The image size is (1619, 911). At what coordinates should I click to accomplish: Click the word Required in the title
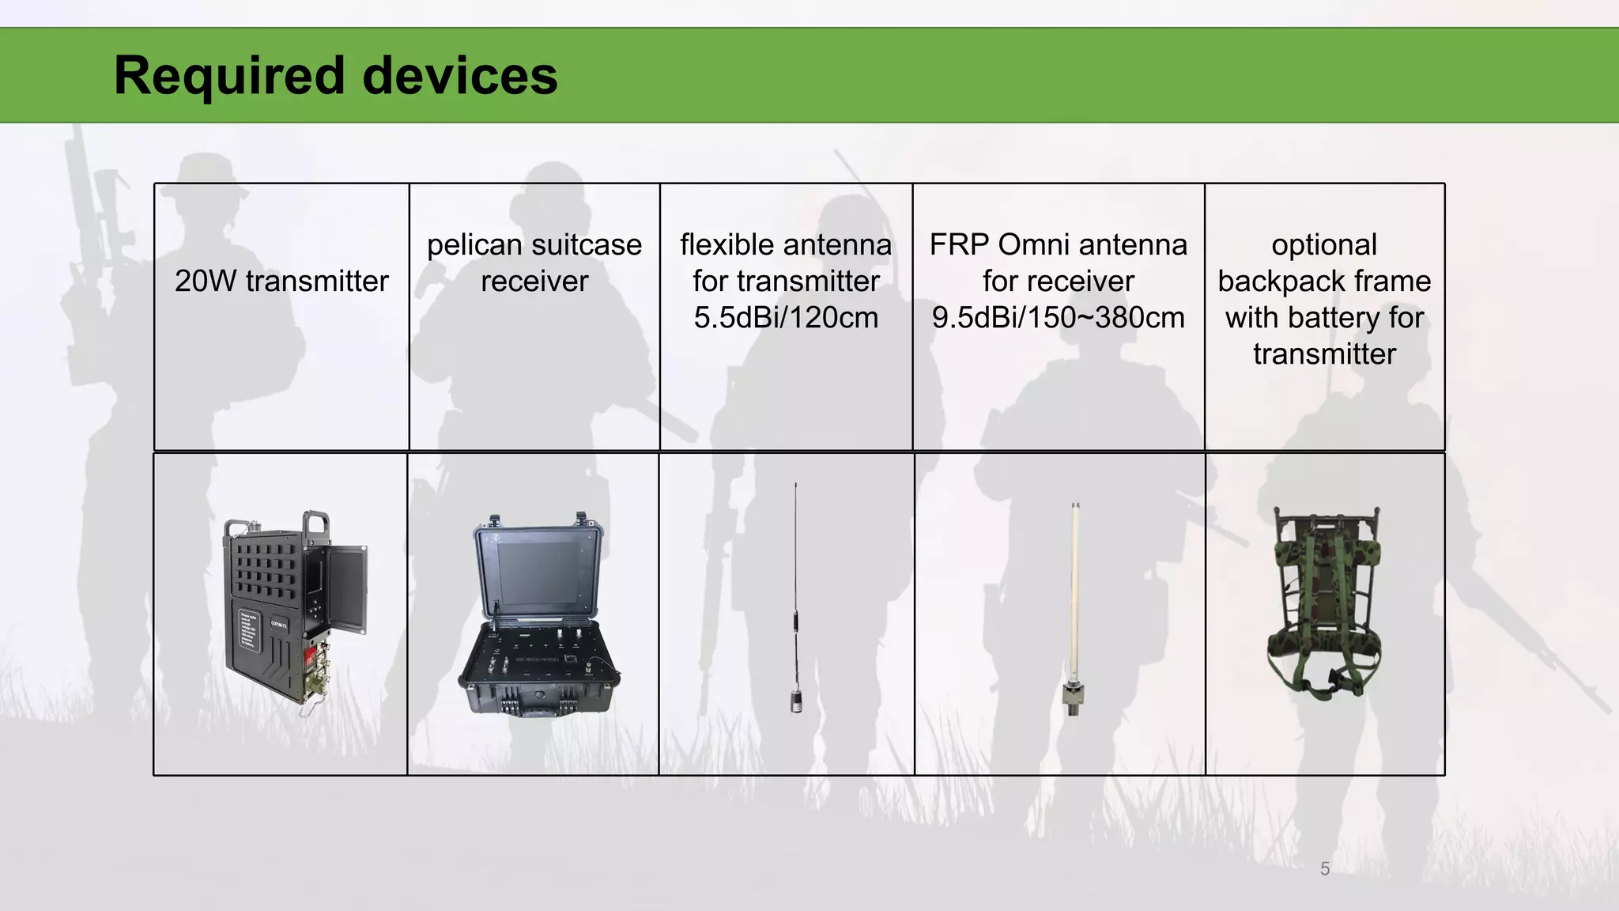228,76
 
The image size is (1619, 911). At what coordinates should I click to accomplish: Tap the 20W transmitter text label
281,282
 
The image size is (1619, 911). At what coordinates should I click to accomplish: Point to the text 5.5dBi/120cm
786,318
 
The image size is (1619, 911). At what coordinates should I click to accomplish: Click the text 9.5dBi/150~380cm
1058,318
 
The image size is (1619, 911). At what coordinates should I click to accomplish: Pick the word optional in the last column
1324,245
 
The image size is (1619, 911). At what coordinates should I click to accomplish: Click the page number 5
1325,868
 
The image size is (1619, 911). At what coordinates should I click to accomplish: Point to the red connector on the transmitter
311,657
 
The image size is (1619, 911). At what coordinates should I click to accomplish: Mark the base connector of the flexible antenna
797,700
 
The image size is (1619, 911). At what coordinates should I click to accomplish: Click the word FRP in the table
957,245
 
